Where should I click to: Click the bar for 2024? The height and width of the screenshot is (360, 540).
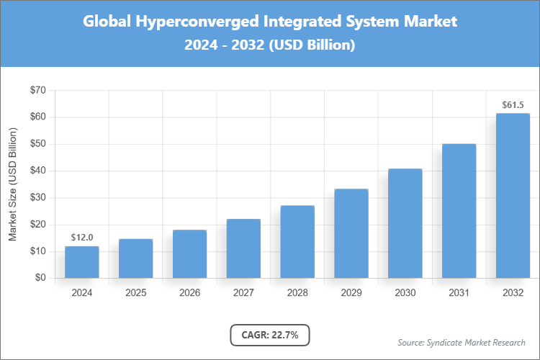81,262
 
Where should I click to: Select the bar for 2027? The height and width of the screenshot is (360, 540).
243,248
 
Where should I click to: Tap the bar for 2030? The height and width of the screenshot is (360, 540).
405,223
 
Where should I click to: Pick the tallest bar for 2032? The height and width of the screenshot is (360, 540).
513,195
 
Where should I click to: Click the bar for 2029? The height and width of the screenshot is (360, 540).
351,233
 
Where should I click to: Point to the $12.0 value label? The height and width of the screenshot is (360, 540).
81,237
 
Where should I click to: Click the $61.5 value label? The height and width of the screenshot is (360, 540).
513,104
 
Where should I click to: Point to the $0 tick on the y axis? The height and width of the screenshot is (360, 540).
40,278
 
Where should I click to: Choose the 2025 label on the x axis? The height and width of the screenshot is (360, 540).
135,293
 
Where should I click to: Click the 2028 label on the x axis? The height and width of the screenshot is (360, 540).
297,293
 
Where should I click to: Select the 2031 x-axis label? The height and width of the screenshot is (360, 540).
459,293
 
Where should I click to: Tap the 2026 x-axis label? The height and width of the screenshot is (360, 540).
189,293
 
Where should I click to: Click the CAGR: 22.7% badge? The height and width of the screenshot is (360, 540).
269,335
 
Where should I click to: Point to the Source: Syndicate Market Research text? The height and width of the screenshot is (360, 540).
462,342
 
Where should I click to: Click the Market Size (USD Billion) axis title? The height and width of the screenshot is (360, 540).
12,184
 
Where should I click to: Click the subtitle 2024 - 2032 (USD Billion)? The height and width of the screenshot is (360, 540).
269,45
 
